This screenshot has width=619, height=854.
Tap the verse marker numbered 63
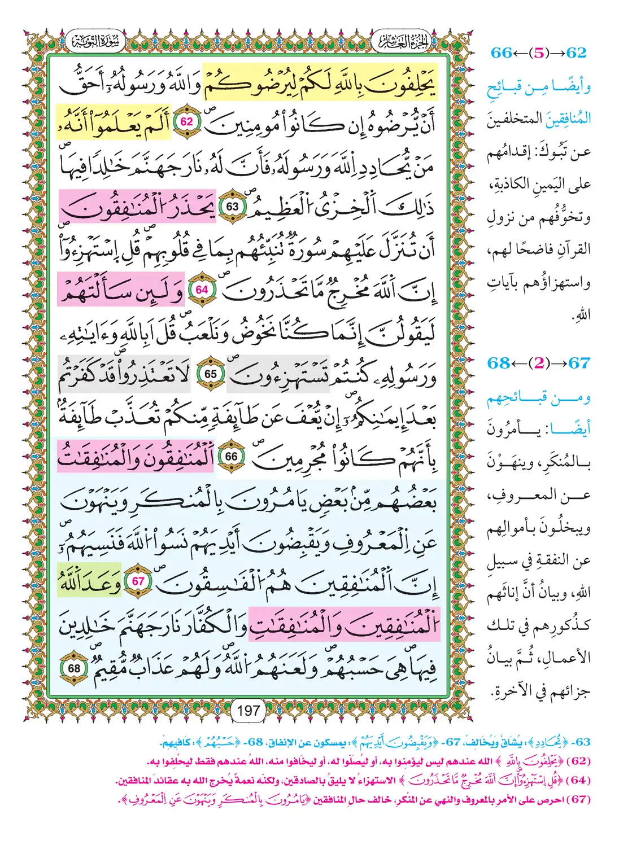(x=232, y=206)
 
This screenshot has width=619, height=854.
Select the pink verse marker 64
(x=202, y=290)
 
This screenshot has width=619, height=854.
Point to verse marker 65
(x=210, y=374)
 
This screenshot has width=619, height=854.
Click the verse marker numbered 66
(x=232, y=457)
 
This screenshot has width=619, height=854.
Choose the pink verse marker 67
(x=138, y=581)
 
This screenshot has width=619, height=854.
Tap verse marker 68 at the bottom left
(x=74, y=668)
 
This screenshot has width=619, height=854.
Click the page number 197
(x=249, y=710)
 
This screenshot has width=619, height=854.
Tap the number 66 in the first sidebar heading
(x=501, y=53)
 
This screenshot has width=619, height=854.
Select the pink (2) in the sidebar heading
(x=539, y=363)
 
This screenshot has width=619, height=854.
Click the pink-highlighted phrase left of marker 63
(x=138, y=207)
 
